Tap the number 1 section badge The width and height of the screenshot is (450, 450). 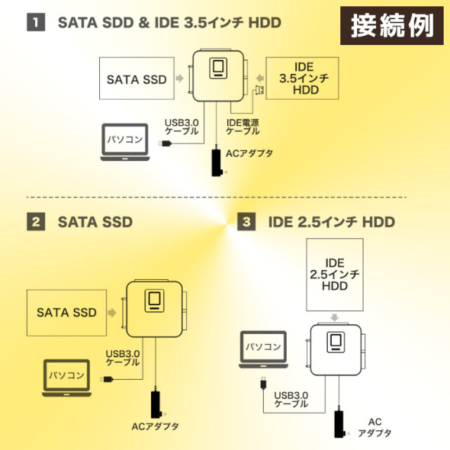click(x=36, y=22)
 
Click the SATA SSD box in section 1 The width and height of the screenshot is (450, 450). click(x=136, y=79)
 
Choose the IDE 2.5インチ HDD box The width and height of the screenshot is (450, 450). click(x=335, y=275)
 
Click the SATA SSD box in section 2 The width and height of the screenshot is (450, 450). click(x=66, y=312)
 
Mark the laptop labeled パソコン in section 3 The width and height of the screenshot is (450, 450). click(x=264, y=349)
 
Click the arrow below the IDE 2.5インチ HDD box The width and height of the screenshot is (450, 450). click(x=335, y=316)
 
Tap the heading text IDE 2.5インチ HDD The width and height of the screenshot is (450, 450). click(x=331, y=222)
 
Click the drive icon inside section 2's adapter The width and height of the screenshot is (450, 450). click(x=155, y=300)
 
